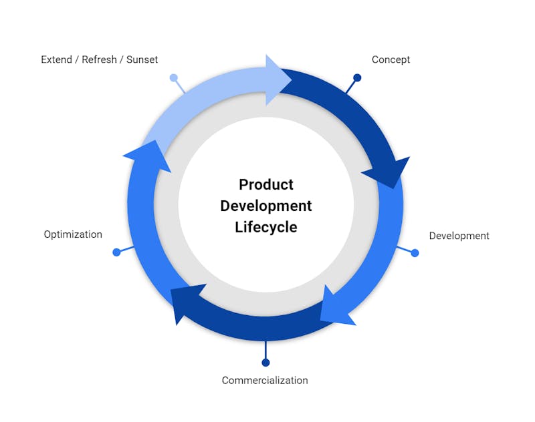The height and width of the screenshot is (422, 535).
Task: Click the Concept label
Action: click(x=391, y=59)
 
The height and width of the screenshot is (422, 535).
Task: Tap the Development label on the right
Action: click(x=459, y=236)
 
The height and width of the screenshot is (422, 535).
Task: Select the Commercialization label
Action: click(x=265, y=380)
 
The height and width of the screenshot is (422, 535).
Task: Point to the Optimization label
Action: click(x=73, y=234)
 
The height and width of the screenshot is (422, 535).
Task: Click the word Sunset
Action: click(x=142, y=59)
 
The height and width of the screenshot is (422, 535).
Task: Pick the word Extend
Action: click(x=56, y=59)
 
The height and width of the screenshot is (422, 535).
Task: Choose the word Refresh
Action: click(x=99, y=59)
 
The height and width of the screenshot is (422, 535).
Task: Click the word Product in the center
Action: click(x=266, y=184)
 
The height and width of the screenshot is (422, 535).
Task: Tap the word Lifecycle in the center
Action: click(x=266, y=227)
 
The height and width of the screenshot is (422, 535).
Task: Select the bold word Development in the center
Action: click(x=266, y=206)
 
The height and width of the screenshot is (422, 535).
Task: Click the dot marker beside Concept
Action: click(x=357, y=77)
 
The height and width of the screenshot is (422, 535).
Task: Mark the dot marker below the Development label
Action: click(x=415, y=253)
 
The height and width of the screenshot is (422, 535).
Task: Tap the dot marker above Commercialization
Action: click(x=265, y=363)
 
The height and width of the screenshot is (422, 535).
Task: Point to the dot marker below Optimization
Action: click(x=116, y=252)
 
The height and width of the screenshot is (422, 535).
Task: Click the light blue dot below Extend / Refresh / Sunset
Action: click(x=174, y=77)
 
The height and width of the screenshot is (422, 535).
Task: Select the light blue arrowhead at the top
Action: click(x=276, y=80)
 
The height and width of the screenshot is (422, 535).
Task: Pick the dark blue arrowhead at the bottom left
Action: click(x=185, y=301)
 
